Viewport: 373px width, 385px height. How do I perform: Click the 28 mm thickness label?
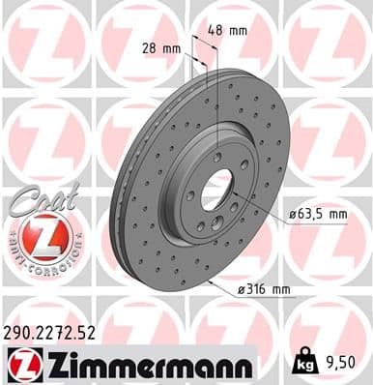click(162, 47)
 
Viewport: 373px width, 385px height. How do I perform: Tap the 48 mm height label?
click(228, 31)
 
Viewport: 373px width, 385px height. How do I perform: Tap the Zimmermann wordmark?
click(144, 364)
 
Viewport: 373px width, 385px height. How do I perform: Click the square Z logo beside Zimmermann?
click(21, 364)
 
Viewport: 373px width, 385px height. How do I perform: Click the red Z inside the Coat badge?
click(39, 235)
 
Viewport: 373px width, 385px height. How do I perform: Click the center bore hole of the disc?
click(215, 188)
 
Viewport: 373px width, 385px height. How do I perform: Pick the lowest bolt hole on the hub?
click(209, 225)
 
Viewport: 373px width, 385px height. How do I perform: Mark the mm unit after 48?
click(239, 31)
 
